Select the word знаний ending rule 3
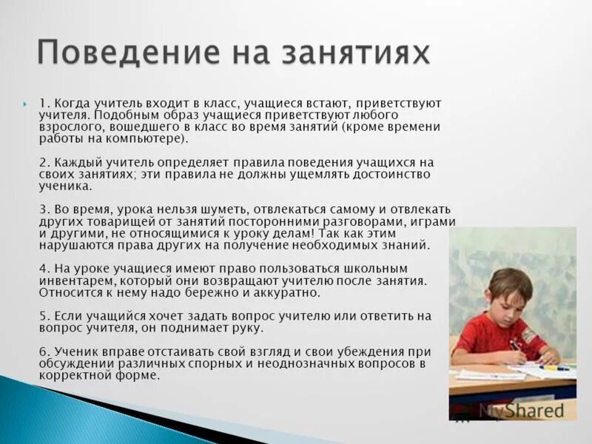(406, 245)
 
